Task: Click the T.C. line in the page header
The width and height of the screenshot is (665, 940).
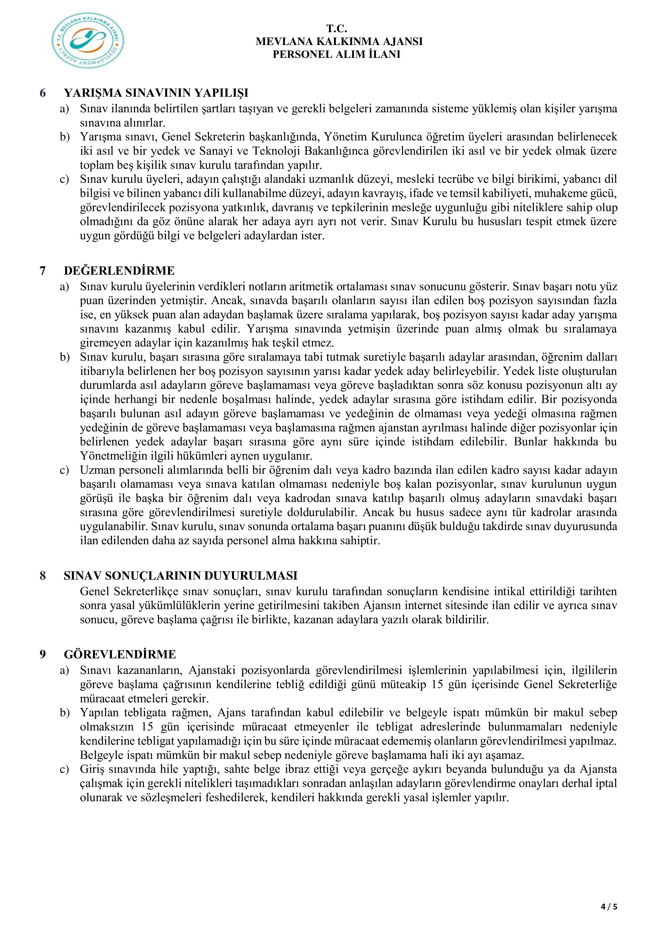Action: pos(337,29)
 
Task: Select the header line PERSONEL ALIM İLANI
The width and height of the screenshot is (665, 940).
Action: pos(337,54)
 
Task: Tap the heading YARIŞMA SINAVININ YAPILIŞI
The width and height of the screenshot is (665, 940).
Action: pos(156,93)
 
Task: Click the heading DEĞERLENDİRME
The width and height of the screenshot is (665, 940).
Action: pos(119,271)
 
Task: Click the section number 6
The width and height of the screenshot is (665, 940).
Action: pos(43,93)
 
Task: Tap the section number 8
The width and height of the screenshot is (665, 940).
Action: pos(43,576)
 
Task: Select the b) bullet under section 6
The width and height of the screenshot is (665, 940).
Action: pos(65,137)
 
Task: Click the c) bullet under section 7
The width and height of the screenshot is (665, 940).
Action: pos(65,470)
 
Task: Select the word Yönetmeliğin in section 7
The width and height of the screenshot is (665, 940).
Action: pos(107,456)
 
